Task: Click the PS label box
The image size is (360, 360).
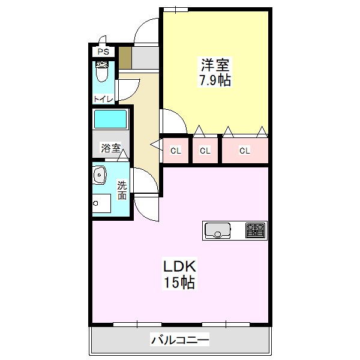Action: [103, 52]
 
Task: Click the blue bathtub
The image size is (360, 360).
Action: [111, 119]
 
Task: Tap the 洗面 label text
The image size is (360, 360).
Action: [122, 190]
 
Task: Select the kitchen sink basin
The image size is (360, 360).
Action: [218, 230]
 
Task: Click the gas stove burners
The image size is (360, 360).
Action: [255, 230]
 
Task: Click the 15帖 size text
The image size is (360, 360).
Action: [178, 282]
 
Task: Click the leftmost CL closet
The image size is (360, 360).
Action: [175, 150]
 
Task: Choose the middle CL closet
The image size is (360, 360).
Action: [205, 150]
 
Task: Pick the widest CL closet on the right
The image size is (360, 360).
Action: [244, 150]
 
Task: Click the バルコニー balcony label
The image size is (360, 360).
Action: [180, 341]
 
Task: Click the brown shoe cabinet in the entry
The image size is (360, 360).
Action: [124, 58]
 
